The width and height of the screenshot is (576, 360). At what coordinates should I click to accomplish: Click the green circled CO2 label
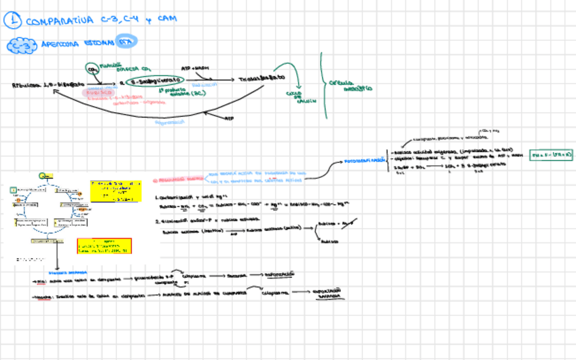coord(92,69)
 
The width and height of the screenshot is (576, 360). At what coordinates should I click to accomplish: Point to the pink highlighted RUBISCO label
coord(98,92)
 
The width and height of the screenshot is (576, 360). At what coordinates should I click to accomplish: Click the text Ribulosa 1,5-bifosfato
coord(42,84)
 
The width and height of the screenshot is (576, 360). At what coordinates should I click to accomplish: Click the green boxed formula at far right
coord(552,155)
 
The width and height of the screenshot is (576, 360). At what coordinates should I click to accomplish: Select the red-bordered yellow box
coord(104,246)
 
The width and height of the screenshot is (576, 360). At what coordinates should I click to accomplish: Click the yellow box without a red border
coord(115,191)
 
